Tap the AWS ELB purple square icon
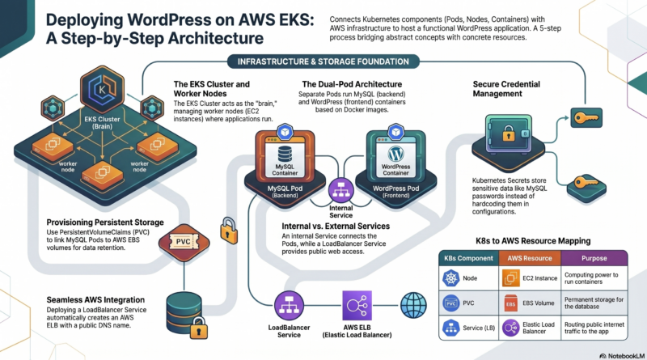pos(355,306)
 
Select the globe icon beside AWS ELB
pos(414,305)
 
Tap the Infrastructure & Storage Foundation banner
pos(324,61)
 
